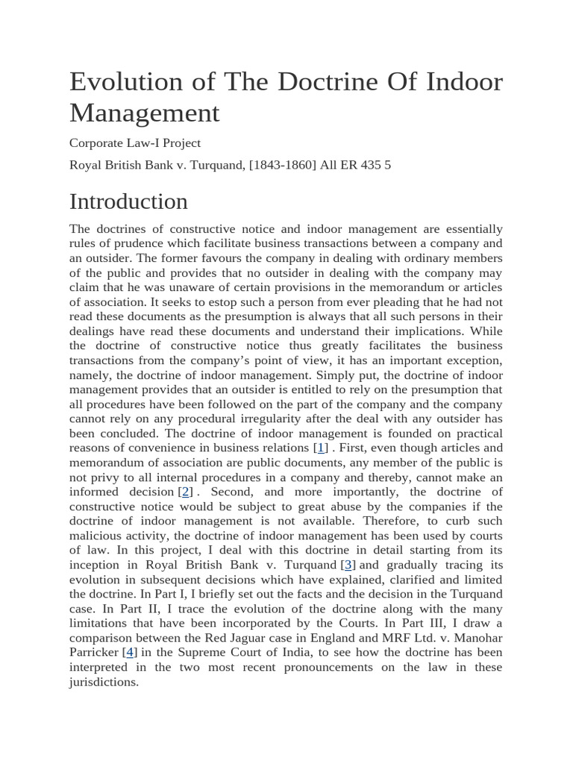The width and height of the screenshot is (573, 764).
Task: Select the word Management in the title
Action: [144, 113]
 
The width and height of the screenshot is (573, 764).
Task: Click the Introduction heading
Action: [128, 201]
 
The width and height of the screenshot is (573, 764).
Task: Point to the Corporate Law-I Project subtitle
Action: [135, 143]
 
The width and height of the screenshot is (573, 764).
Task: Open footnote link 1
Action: [321, 448]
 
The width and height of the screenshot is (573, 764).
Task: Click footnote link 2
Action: [187, 492]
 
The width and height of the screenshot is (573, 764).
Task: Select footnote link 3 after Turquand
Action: [348, 565]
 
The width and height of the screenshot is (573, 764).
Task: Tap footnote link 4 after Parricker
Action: [131, 652]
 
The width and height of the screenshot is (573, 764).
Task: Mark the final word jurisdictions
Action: [104, 682]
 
